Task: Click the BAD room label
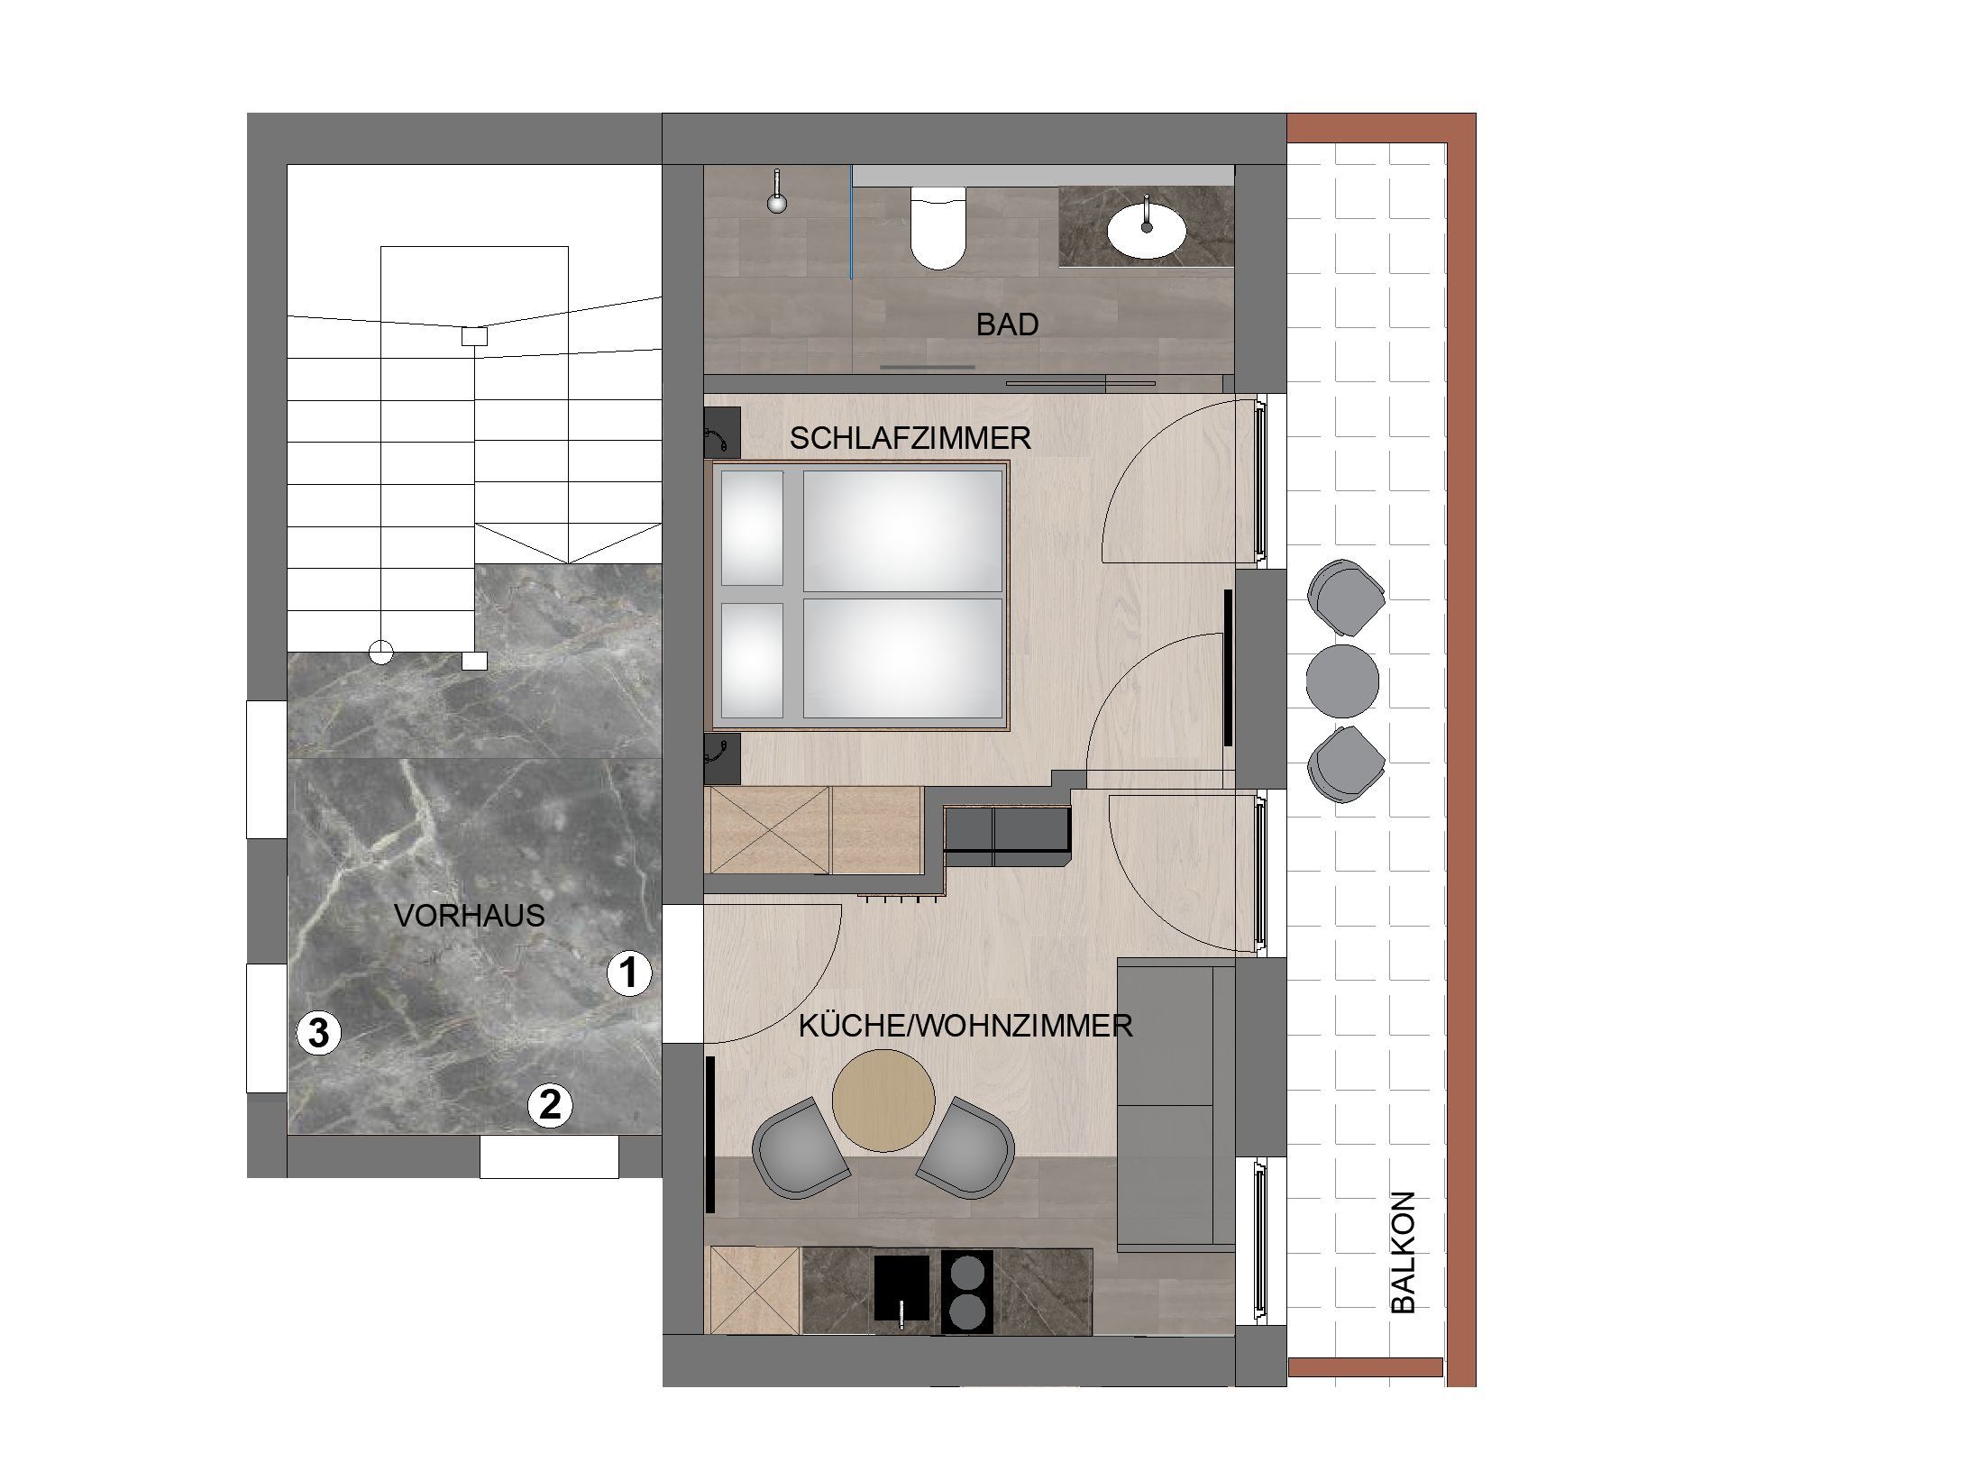point(1007,324)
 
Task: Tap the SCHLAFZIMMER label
point(910,438)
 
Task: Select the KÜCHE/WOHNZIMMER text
point(965,1026)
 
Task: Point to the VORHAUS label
point(470,916)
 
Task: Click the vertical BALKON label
point(1404,1253)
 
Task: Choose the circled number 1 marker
point(628,973)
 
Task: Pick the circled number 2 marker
point(550,1104)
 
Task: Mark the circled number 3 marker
point(319,1033)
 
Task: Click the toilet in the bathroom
point(938,228)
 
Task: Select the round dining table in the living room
point(883,1100)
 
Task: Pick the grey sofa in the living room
point(1176,1106)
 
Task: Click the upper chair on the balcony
point(1347,598)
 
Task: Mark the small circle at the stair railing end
point(381,652)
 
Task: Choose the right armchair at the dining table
point(967,1147)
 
